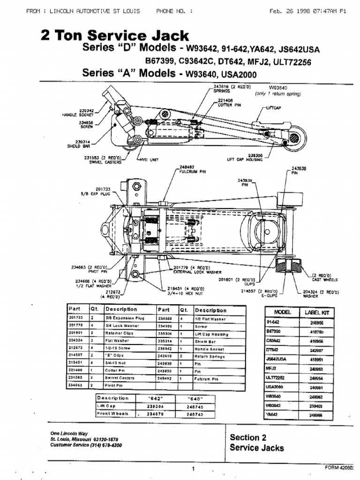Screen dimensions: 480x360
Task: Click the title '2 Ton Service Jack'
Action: [115, 36]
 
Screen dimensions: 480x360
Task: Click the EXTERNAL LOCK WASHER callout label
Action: [194, 272]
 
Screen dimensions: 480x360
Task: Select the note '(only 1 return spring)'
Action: [278, 94]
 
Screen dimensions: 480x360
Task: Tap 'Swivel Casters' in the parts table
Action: [120, 378]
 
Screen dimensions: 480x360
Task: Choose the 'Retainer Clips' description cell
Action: [120, 333]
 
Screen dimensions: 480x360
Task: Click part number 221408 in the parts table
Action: [75, 370]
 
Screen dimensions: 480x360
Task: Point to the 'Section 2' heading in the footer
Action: [248, 437]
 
